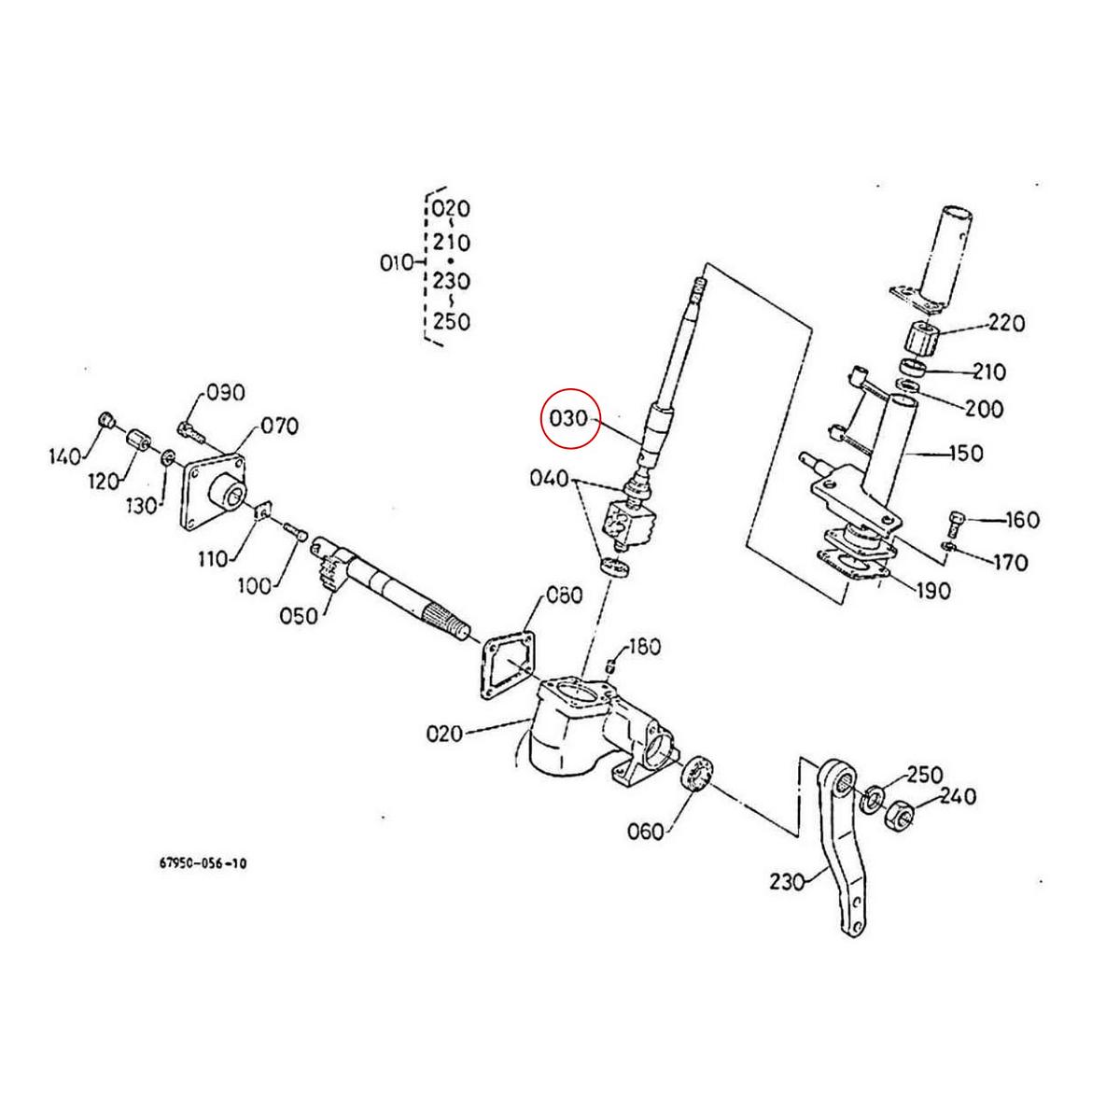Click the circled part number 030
568,418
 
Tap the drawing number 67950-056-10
203,864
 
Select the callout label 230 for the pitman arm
788,880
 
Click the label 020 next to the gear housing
444,734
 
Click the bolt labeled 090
190,430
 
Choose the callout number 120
104,481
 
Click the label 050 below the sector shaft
299,617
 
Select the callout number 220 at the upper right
1005,324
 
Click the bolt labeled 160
956,517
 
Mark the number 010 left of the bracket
397,263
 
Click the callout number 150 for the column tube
964,454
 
